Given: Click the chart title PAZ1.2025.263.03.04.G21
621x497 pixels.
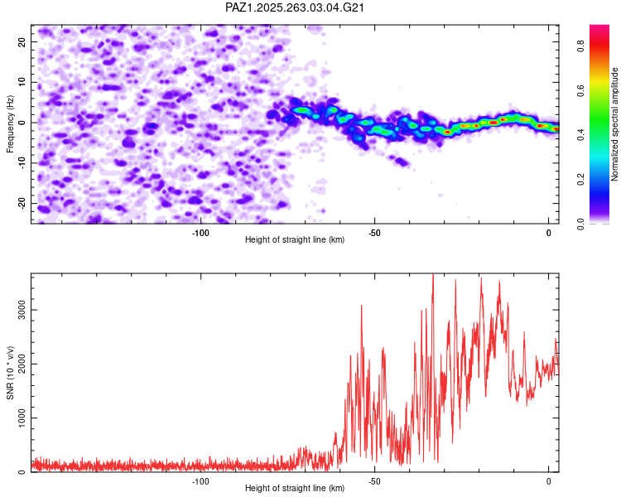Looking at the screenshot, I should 295,7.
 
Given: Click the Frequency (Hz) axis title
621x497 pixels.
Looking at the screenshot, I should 10,123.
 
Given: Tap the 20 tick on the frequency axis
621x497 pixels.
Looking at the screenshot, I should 22,41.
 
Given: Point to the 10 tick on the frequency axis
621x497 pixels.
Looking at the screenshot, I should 22,82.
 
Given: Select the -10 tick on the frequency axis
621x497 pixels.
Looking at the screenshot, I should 21,163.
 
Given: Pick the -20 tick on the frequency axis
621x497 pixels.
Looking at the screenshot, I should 21,203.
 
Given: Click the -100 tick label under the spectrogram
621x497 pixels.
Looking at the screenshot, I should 200,233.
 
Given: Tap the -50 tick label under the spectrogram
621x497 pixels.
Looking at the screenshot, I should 374,233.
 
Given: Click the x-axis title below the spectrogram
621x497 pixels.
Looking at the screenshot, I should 295,240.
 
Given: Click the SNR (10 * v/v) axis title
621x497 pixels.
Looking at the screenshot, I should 10,373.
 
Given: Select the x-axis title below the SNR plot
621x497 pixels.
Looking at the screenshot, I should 295,489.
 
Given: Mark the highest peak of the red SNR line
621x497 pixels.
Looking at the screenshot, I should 432,276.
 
